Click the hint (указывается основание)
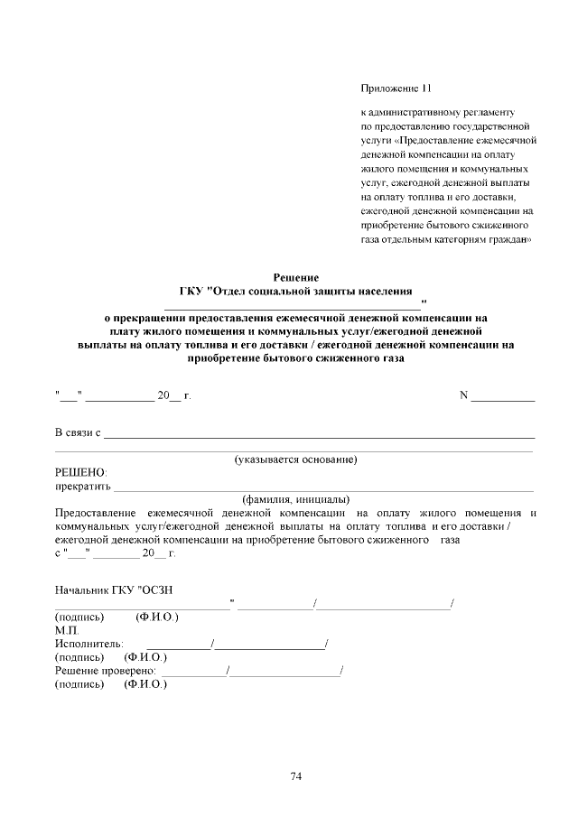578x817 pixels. pyautogui.click(x=295, y=460)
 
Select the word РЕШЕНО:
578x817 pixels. pyautogui.click(x=80, y=473)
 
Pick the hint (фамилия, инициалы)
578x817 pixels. pyautogui.click(x=295, y=499)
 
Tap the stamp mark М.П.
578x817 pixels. pyautogui.click(x=67, y=630)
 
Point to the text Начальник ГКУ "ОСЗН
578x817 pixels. pyautogui.click(x=114, y=590)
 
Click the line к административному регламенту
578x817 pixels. pyautogui.click(x=436, y=114)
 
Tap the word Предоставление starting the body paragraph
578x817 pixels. pyautogui.click(x=97, y=513)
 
